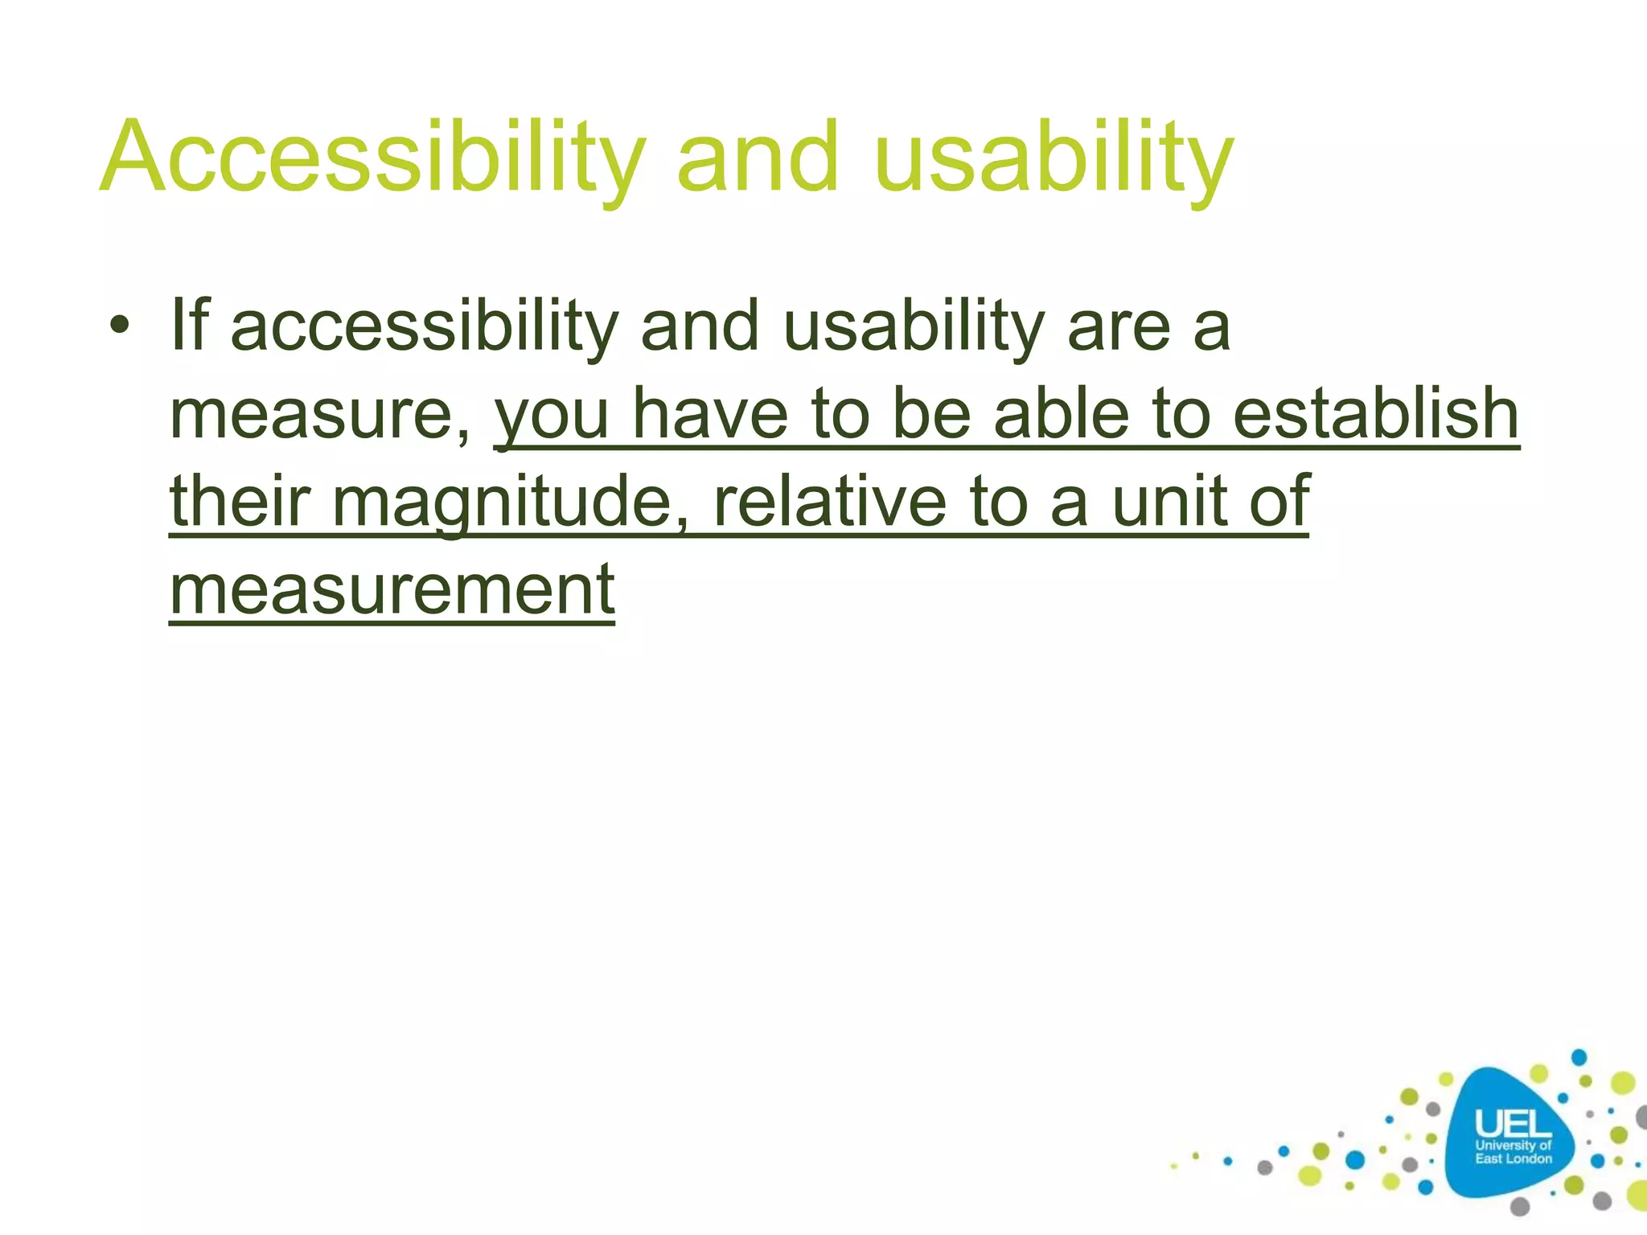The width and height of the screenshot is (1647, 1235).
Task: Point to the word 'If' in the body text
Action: pos(190,325)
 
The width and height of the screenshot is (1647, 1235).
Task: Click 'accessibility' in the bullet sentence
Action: pos(424,326)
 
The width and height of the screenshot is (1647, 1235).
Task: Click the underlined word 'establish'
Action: pos(1376,413)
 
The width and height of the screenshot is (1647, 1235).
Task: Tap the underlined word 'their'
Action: pos(240,501)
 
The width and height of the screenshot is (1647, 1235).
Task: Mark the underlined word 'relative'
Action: pos(829,501)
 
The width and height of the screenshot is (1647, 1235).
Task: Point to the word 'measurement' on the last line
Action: pos(392,589)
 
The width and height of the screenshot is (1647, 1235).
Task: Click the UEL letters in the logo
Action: pos(1513,1123)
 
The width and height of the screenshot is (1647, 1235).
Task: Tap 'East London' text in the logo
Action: pos(1513,1159)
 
